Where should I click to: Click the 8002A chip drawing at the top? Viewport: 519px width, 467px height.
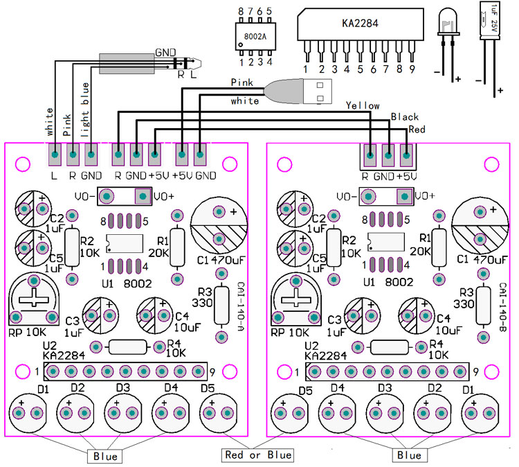[x=255, y=34]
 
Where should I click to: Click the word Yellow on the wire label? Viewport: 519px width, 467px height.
[x=362, y=105]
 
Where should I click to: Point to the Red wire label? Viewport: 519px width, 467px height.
[x=417, y=130]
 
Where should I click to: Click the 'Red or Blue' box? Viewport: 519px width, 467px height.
[x=257, y=455]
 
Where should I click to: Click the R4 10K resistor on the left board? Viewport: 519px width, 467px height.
[x=127, y=346]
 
